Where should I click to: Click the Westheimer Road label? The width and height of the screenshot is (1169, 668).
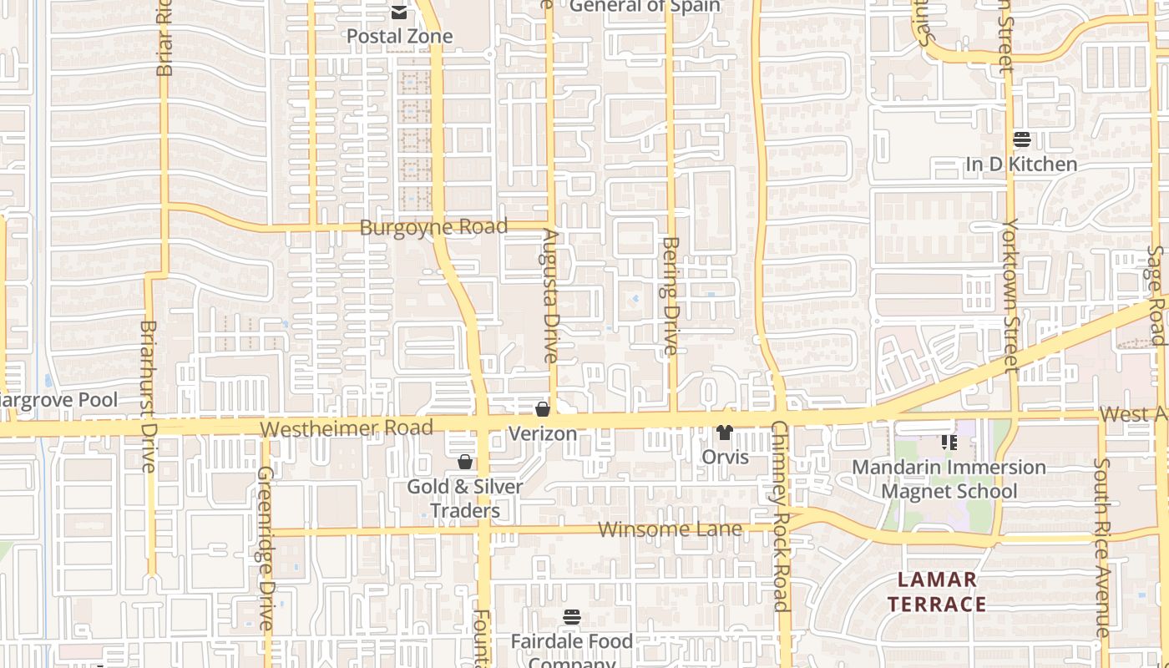346,428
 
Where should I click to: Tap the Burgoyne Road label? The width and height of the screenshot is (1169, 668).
433,227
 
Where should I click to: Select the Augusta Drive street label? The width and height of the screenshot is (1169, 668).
549,296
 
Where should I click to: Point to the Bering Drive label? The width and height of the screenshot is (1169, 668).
671,296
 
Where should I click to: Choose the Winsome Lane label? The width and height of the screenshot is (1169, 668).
670,529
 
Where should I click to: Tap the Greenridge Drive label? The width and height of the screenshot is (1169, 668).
265,548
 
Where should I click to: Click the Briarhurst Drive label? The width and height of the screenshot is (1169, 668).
149,396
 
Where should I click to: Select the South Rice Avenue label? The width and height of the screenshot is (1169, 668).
1102,547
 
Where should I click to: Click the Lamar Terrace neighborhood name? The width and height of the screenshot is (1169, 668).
937,592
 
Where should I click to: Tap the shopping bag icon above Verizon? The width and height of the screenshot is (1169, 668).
543,409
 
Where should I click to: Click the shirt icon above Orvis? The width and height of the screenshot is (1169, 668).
724,433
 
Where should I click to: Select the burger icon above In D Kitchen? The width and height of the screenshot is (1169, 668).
1021,139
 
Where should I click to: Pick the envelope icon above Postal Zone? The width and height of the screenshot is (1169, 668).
399,12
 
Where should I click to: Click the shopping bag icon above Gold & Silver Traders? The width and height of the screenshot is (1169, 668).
465,462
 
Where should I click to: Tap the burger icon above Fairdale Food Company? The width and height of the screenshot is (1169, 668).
572,618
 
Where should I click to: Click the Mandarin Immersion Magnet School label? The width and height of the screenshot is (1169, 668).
949,478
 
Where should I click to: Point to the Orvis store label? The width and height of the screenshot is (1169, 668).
725,458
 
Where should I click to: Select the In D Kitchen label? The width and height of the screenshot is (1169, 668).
1021,164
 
